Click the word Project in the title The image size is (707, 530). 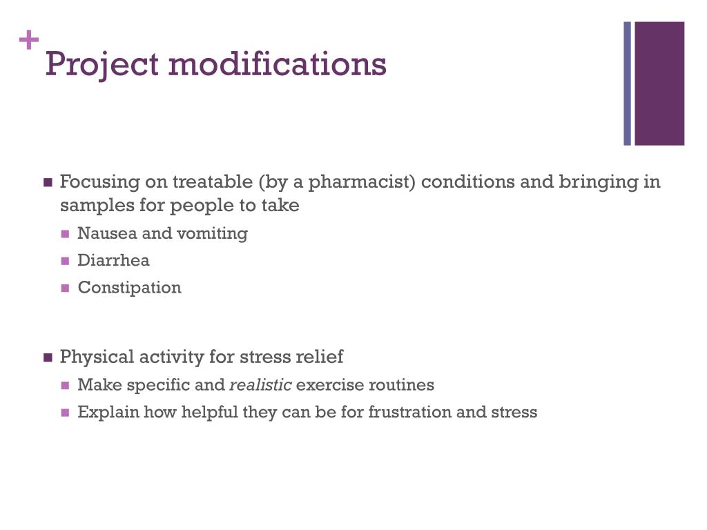point(102,65)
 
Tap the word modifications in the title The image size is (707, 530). point(277,63)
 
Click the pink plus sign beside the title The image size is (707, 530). point(28,41)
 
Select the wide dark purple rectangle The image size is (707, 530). point(659,84)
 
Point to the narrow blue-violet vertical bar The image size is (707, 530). point(628,84)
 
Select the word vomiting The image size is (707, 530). point(212,233)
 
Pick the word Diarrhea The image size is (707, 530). point(113,260)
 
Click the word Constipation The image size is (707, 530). point(129,288)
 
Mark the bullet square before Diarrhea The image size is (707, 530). point(66,261)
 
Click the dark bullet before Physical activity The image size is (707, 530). point(48,357)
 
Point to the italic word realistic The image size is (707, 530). point(260,385)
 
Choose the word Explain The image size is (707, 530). point(108,413)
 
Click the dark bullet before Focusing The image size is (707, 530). point(48,183)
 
